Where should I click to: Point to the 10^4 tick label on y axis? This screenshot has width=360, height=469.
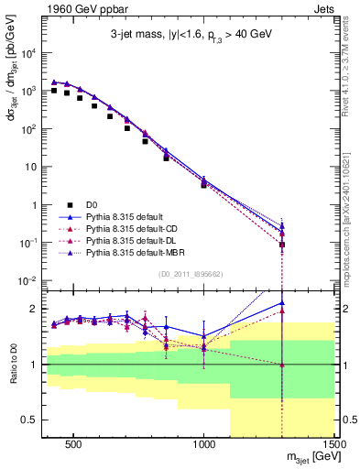pyautogui.click(x=27, y=53)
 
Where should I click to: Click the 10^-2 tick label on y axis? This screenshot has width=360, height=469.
pyautogui.click(x=27, y=280)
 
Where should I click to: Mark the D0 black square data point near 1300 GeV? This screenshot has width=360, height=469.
pyautogui.click(x=282, y=245)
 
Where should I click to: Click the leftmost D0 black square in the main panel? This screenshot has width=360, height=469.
pyautogui.click(x=54, y=91)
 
